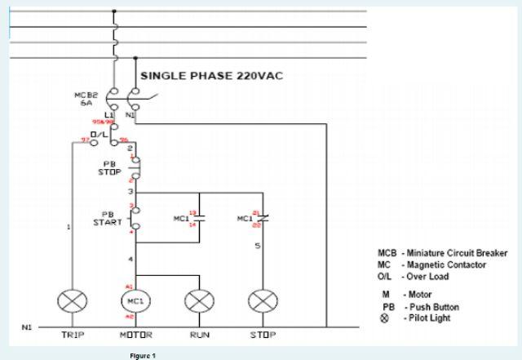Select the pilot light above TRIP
pyautogui.click(x=74, y=301)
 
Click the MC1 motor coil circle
pyautogui.click(x=136, y=301)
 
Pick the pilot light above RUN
pyautogui.click(x=199, y=301)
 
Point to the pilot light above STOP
pyautogui.click(x=262, y=301)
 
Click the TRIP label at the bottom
pyautogui.click(x=74, y=335)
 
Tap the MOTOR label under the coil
pyautogui.click(x=136, y=335)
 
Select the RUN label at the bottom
pyautogui.click(x=199, y=335)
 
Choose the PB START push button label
pyautogui.click(x=108, y=218)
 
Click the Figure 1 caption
pyautogui.click(x=142, y=355)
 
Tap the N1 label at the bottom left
pyautogui.click(x=26, y=327)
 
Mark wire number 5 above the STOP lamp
pyautogui.click(x=257, y=246)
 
